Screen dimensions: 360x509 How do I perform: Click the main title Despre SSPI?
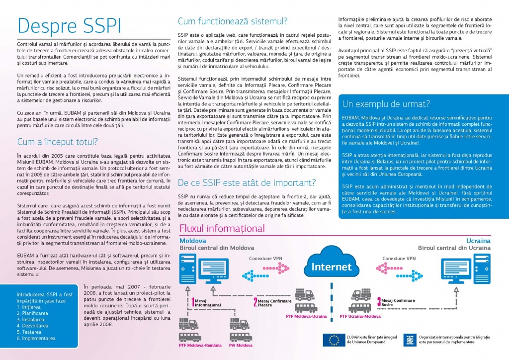(68, 26)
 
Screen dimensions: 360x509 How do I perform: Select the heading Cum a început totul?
(58, 142)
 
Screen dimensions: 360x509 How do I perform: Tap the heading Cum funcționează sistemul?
(232, 21)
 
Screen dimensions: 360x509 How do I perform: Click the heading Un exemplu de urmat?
(386, 104)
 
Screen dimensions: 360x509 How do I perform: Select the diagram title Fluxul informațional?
(222, 229)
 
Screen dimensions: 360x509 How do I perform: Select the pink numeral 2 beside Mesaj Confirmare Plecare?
(255, 302)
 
